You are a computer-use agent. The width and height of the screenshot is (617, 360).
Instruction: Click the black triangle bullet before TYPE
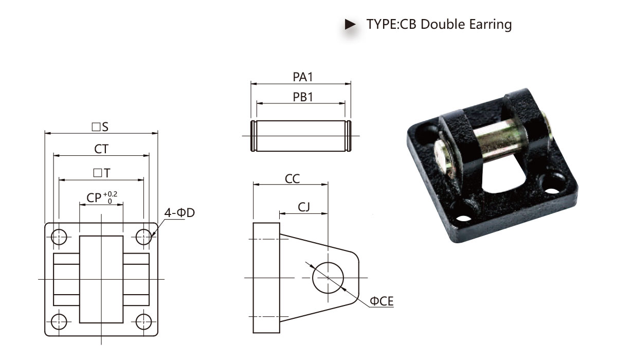click(x=350, y=24)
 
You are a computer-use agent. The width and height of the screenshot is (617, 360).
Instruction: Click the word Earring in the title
click(x=491, y=25)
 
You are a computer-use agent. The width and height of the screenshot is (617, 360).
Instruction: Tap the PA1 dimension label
click(x=303, y=77)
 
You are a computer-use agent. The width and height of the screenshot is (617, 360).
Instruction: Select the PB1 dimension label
click(x=303, y=97)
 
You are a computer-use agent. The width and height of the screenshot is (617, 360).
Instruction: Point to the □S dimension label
click(x=100, y=127)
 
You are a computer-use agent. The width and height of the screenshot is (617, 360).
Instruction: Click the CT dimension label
click(x=101, y=149)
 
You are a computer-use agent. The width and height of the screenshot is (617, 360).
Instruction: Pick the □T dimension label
click(x=102, y=173)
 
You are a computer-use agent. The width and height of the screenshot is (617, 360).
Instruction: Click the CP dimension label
click(x=94, y=198)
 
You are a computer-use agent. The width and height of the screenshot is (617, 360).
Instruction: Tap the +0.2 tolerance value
click(x=110, y=194)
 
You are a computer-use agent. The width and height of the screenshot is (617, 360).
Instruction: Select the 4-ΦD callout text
click(x=179, y=212)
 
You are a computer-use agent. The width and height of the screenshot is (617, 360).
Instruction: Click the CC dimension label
click(x=292, y=179)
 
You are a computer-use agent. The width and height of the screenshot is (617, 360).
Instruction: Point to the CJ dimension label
click(x=304, y=207)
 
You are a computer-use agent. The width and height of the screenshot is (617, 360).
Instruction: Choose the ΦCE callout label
click(x=382, y=301)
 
